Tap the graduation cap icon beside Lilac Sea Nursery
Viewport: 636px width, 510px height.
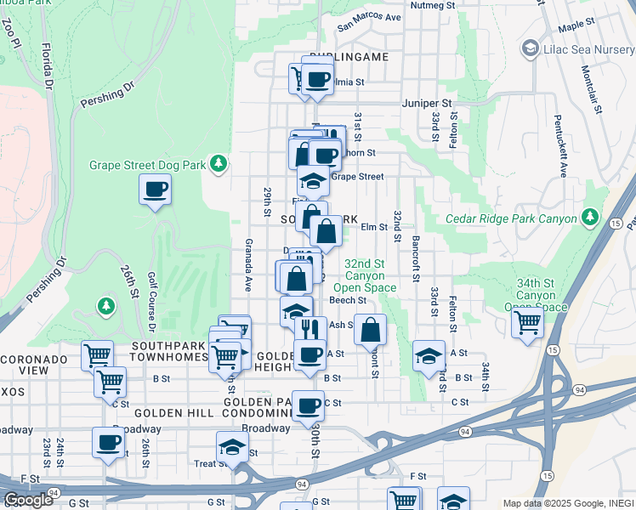pos(531,48)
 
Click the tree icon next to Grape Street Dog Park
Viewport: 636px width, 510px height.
pos(219,162)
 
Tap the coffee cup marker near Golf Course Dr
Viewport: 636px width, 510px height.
pos(155,190)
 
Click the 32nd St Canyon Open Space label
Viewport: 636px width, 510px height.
pos(370,276)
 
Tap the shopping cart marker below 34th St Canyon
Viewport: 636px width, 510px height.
pos(527,323)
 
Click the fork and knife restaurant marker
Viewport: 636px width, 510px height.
pos(310,329)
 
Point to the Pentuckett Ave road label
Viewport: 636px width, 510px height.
pos(561,145)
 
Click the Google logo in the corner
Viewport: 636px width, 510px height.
pos(28,500)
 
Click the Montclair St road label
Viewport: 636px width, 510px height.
pos(593,91)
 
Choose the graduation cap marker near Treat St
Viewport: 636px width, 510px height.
pos(232,446)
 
